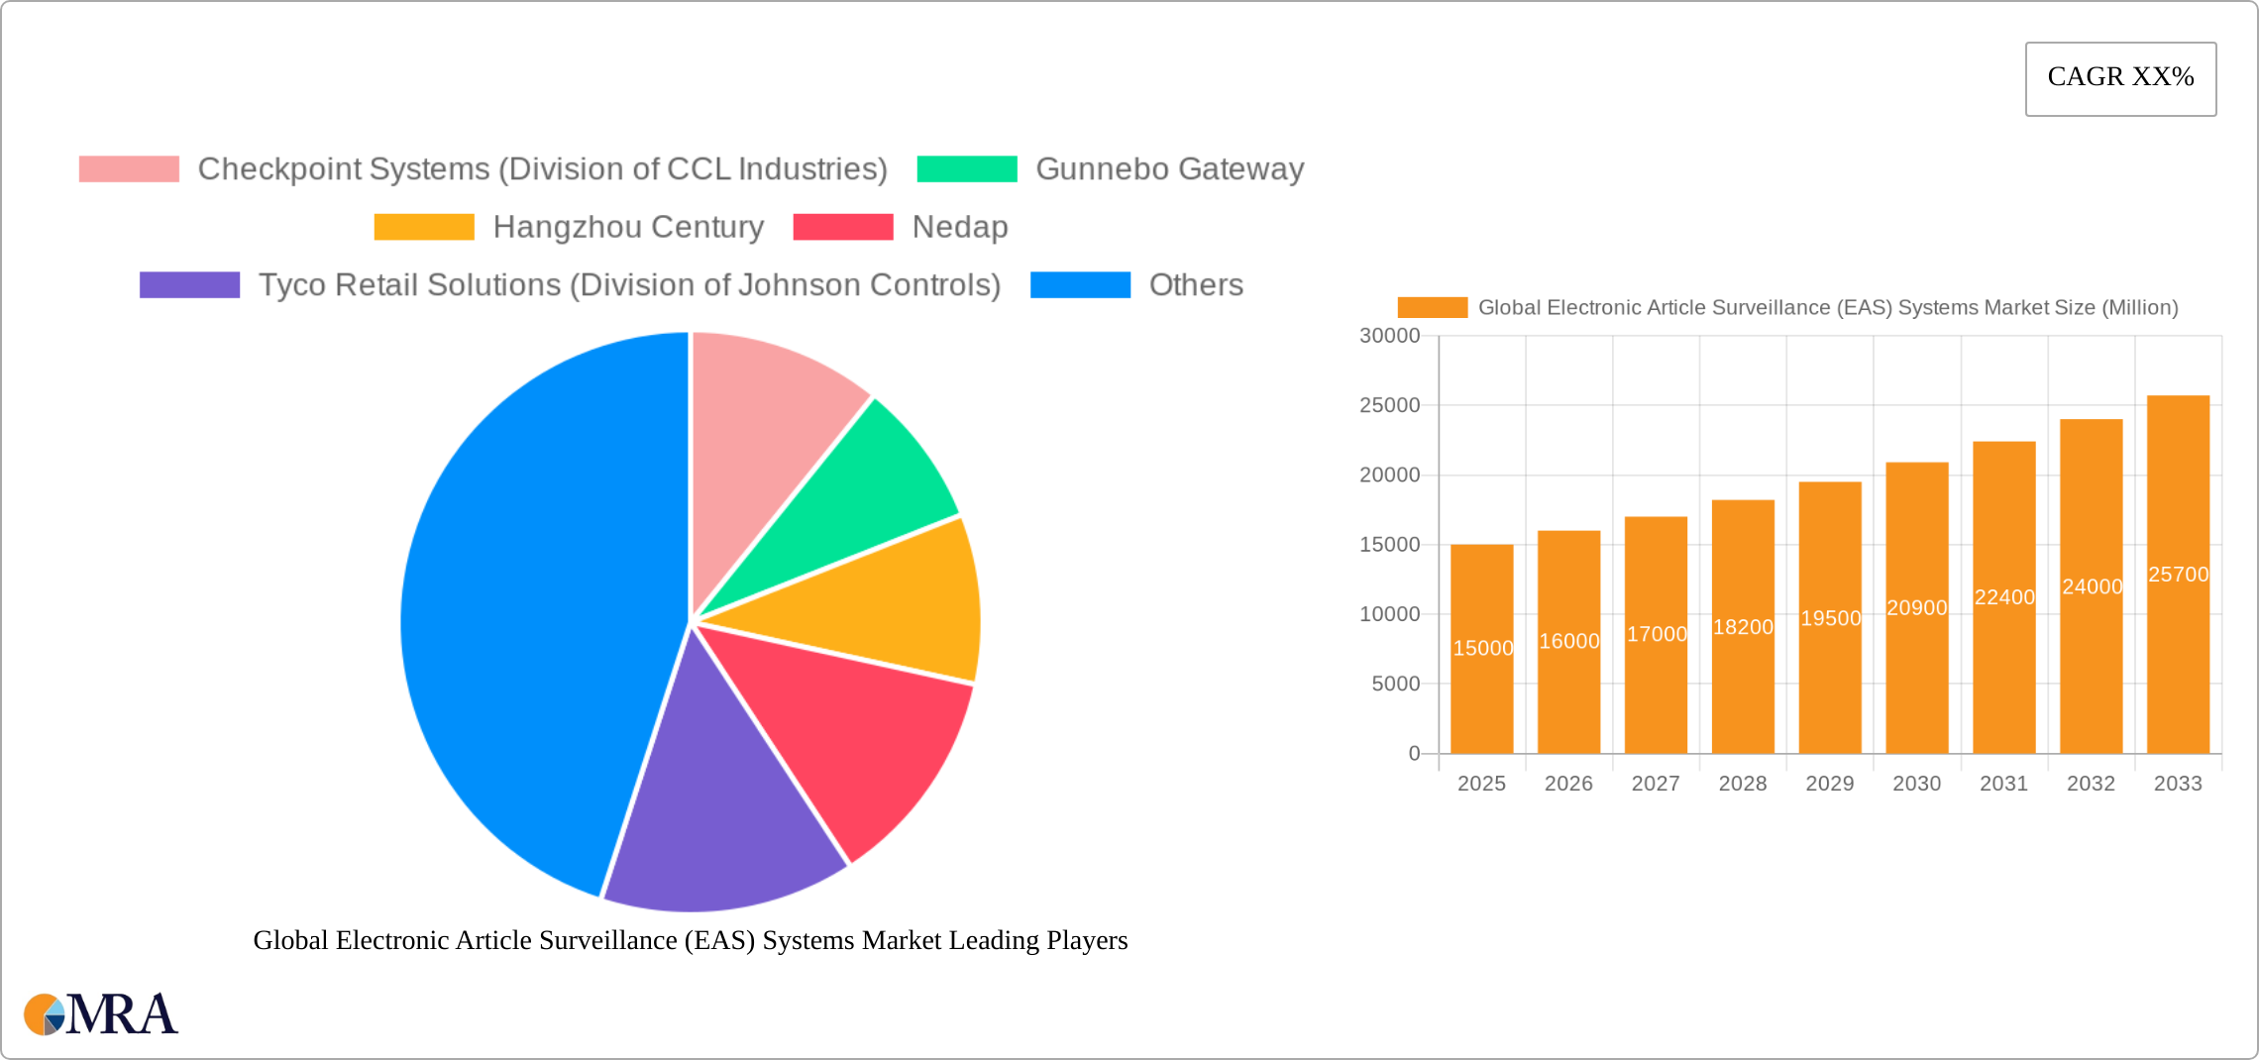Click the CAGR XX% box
[2120, 78]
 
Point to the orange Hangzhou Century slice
[892, 604]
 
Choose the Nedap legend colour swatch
[843, 227]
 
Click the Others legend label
[1196, 285]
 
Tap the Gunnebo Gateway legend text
[1169, 169]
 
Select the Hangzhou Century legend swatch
[424, 227]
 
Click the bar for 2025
[1481, 693]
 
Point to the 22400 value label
[2004, 597]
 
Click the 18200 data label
[1743, 627]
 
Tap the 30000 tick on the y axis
[1389, 336]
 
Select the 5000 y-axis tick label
[1395, 684]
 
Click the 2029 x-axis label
[1829, 784]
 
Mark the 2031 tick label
[2003, 784]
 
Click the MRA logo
[101, 1014]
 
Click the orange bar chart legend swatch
[1432, 308]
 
